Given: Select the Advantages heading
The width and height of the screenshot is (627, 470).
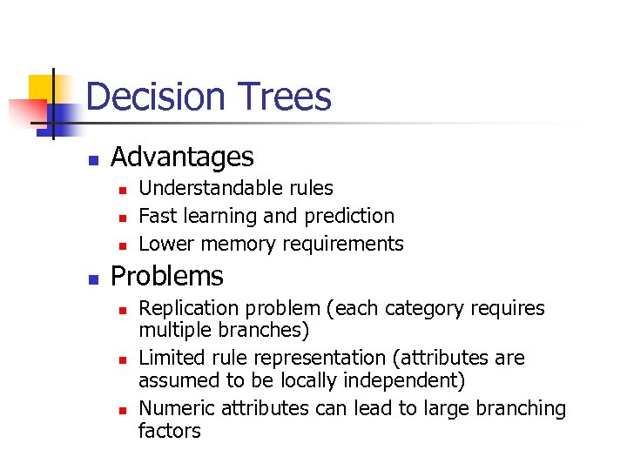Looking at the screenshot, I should click(x=182, y=157).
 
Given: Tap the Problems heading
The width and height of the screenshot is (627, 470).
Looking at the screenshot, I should click(x=167, y=276).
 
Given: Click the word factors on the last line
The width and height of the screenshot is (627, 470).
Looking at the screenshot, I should click(x=169, y=431).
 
